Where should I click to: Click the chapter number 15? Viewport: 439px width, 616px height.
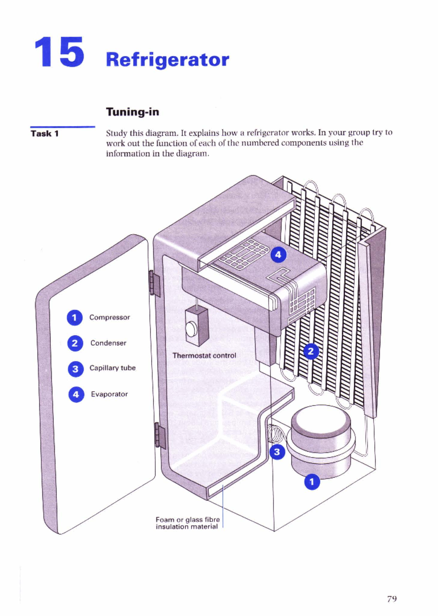(60, 52)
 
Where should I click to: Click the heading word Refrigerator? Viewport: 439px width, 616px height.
(168, 60)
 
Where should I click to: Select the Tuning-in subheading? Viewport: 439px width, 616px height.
(132, 112)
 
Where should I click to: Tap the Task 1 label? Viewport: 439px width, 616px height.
(45, 133)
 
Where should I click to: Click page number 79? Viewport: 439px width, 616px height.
(392, 599)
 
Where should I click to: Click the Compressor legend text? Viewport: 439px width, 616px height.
(109, 317)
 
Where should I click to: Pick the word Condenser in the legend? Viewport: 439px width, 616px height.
(108, 343)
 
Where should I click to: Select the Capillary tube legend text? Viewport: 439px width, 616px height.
(112, 368)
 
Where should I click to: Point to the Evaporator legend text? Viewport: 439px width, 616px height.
(109, 394)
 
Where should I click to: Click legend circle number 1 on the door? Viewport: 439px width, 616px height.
(75, 318)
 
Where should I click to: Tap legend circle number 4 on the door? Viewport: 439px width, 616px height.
(76, 395)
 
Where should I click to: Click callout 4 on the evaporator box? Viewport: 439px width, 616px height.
(278, 254)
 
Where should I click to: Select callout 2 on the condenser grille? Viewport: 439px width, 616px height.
(311, 352)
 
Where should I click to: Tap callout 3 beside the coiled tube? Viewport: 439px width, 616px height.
(277, 452)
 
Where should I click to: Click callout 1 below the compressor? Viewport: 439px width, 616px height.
(312, 482)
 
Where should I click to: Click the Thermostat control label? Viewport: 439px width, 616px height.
(204, 355)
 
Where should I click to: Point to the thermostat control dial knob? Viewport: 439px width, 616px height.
(191, 329)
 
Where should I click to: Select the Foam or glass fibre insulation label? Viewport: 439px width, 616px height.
(187, 523)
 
